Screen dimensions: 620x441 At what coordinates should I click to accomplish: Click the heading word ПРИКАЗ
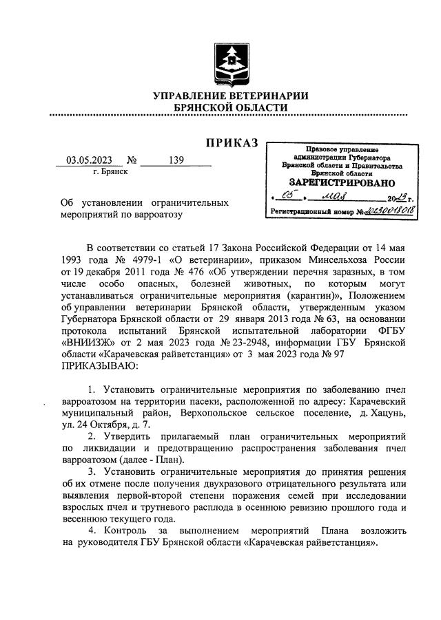[231, 142]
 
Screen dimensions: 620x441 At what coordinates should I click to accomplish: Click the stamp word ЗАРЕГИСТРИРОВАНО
[341, 183]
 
